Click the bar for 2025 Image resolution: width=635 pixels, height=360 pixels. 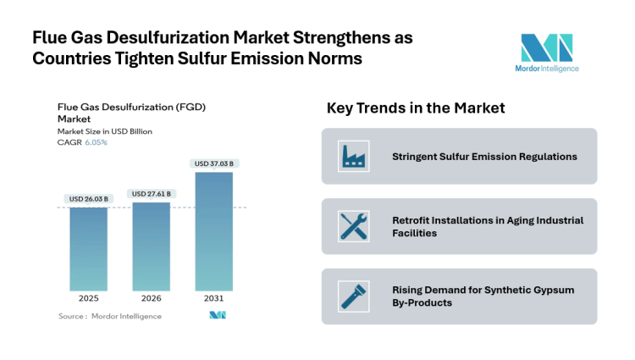pyautogui.click(x=88, y=249)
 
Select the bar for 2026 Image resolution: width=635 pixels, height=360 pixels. pyautogui.click(x=151, y=246)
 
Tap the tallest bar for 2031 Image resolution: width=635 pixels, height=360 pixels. pyautogui.click(x=213, y=231)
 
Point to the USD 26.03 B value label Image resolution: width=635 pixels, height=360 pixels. pyautogui.click(x=88, y=198)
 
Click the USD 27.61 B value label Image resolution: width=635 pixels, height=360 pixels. pyautogui.click(x=151, y=194)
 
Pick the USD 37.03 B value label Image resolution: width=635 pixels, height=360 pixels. pyautogui.click(x=213, y=163)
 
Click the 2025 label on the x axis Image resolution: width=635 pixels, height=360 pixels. pyautogui.click(x=88, y=299)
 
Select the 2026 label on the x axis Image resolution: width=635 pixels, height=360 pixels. pyautogui.click(x=151, y=299)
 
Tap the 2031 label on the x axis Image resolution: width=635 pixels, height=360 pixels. pyautogui.click(x=213, y=299)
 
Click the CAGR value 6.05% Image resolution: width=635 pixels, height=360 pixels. pyautogui.click(x=96, y=142)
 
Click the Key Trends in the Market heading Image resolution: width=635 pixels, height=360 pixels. pyautogui.click(x=416, y=108)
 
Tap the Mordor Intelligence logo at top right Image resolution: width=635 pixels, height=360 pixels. pyautogui.click(x=546, y=53)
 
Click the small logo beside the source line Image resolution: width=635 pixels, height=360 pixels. pyautogui.click(x=217, y=315)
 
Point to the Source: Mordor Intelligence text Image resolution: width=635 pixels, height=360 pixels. pyautogui.click(x=109, y=316)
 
